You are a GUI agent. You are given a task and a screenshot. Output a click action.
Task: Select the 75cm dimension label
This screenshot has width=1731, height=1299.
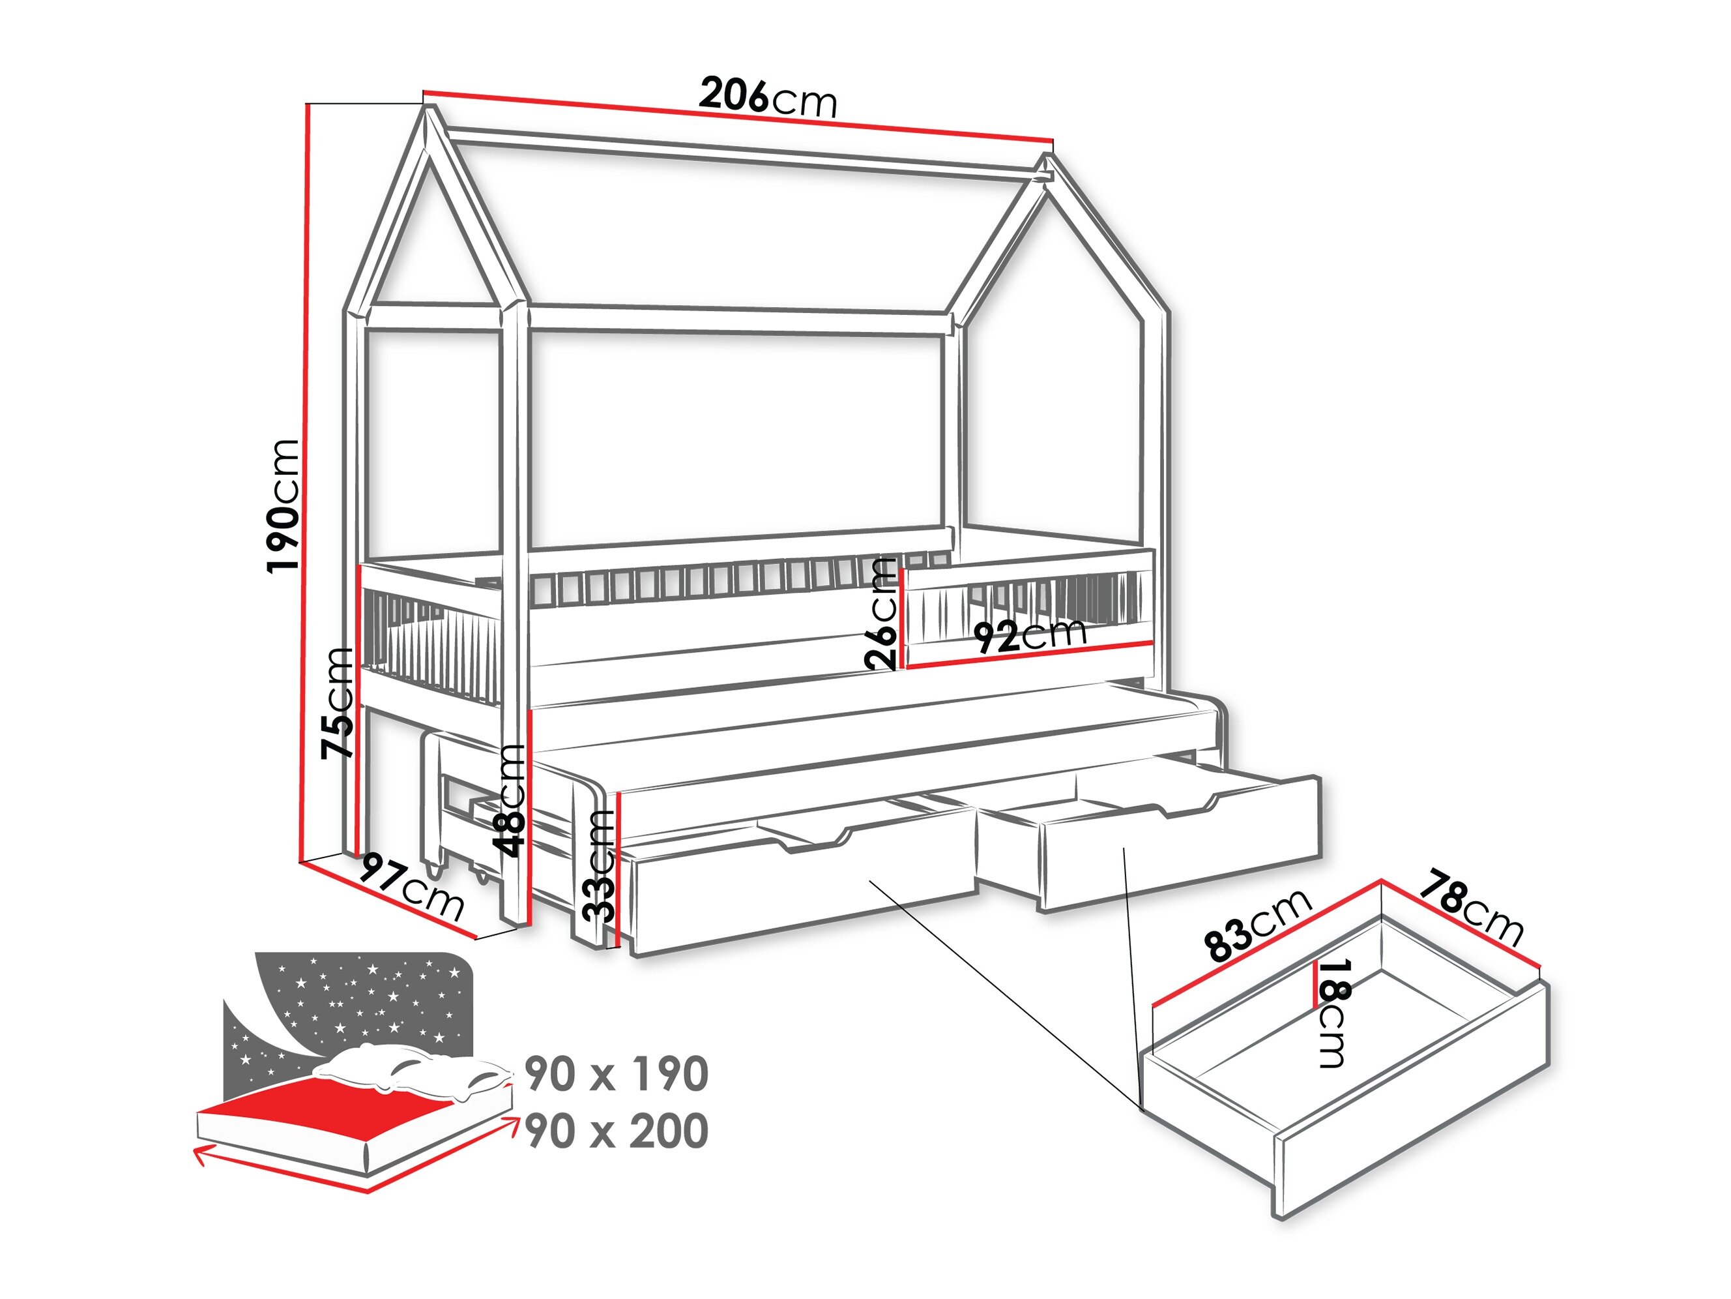(x=338, y=702)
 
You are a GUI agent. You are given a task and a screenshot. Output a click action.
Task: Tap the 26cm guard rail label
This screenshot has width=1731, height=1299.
(x=882, y=613)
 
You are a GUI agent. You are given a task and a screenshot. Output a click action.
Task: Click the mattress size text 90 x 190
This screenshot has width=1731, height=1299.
(x=617, y=1073)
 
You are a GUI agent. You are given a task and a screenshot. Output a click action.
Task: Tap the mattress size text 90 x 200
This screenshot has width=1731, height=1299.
(x=617, y=1131)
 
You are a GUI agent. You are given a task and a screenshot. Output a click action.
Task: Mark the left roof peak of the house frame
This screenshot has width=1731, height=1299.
(x=428, y=110)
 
